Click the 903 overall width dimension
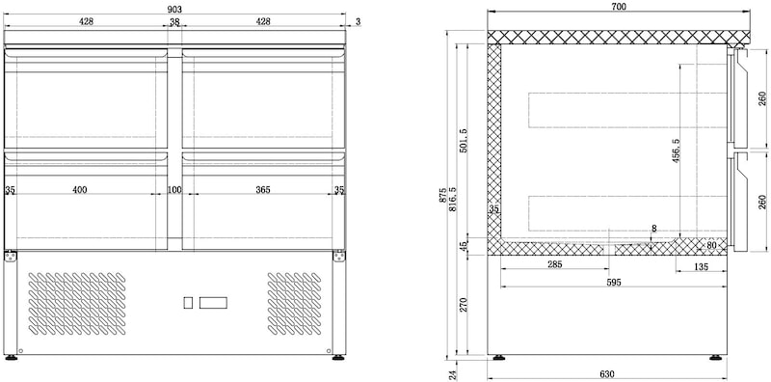[174, 10]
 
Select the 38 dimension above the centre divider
[174, 21]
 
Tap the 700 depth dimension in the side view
[619, 7]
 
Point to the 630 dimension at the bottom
[607, 374]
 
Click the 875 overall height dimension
[442, 196]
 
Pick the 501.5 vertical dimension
[463, 141]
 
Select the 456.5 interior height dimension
[677, 150]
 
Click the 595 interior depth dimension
[614, 282]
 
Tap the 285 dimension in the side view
[554, 264]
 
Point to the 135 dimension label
[702, 267]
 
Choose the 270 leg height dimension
[463, 305]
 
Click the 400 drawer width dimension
[80, 189]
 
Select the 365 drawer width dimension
[263, 189]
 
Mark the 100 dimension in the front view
[174, 189]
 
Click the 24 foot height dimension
[454, 374]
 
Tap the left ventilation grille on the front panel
[77, 304]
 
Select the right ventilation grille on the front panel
[295, 304]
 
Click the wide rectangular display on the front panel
[213, 303]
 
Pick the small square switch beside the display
[188, 303]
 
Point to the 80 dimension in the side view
[711, 244]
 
